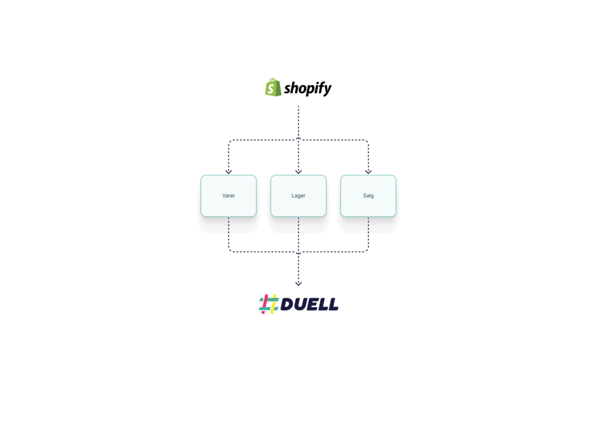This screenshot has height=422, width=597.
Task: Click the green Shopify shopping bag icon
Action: click(x=273, y=87)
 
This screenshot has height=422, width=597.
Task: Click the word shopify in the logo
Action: click(x=308, y=88)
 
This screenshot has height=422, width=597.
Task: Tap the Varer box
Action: click(x=229, y=196)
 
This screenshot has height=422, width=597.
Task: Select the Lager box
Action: click(x=298, y=196)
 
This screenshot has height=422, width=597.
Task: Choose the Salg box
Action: click(x=368, y=196)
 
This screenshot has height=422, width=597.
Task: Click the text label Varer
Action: click(x=229, y=196)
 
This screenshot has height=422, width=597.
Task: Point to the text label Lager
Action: click(x=298, y=196)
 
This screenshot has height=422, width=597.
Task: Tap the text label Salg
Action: click(x=368, y=196)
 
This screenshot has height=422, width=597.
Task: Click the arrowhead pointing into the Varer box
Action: click(x=229, y=172)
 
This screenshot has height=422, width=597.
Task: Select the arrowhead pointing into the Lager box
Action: click(x=298, y=172)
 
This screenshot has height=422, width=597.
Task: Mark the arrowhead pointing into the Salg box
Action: click(x=368, y=172)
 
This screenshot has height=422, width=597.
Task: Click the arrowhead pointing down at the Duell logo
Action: click(x=298, y=283)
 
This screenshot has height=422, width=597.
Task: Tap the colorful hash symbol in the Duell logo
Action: click(x=269, y=304)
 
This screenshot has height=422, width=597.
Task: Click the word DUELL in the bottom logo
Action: click(x=309, y=304)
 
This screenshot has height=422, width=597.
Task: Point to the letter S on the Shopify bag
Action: click(x=271, y=89)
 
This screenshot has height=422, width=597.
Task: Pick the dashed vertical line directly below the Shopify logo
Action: click(x=298, y=122)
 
